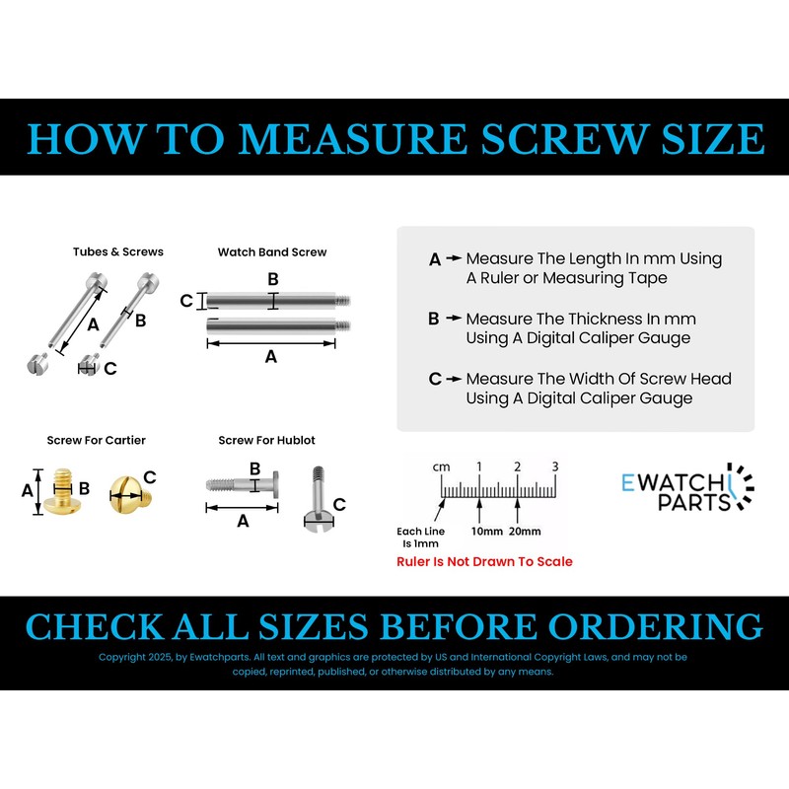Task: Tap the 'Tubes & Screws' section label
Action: tap(118, 251)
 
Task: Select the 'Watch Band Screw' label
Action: tap(272, 251)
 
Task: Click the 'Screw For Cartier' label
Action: tap(96, 440)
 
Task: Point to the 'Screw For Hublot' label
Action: tap(266, 440)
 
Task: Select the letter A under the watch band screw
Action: tap(271, 358)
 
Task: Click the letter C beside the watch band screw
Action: tap(186, 301)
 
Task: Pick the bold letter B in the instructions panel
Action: tap(434, 320)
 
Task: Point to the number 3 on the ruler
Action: tap(555, 466)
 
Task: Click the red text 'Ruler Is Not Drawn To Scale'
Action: tap(484, 561)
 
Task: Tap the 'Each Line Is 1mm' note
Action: tap(420, 538)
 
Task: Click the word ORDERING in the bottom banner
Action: tap(656, 627)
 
